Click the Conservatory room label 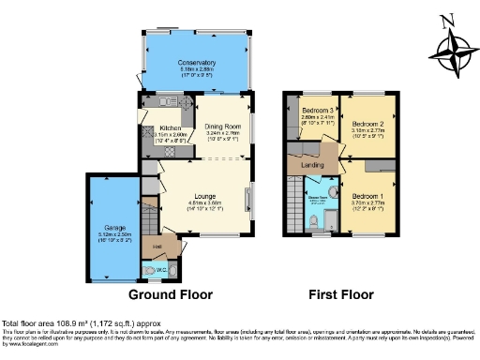[x=197, y=63]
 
